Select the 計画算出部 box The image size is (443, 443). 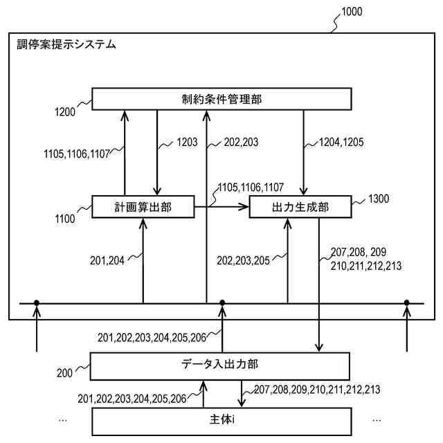click(143, 206)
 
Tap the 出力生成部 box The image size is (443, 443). click(300, 206)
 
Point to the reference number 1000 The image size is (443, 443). click(350, 11)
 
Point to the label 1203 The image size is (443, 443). click(187, 143)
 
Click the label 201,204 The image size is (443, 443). click(107, 260)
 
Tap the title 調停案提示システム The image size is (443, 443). click(66, 45)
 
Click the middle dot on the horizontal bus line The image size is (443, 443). click(222, 302)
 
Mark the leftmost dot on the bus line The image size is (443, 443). click(36, 302)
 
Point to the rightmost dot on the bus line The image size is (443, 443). click(407, 302)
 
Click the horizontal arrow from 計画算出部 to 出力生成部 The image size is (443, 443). click(221, 206)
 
